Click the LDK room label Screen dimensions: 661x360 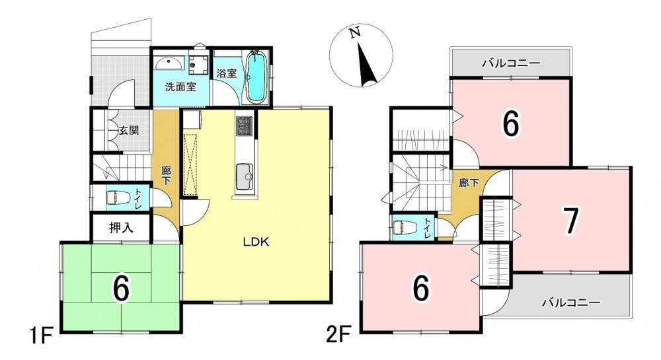(256, 242)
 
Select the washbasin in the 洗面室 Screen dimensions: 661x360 (169, 63)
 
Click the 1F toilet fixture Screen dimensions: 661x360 (112, 197)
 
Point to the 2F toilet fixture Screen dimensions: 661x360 (399, 227)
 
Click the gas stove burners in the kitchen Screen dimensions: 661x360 (245, 126)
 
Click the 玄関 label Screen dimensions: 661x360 (128, 131)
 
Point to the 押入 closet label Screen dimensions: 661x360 (122, 228)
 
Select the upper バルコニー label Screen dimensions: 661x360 (512, 63)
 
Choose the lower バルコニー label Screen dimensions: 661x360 (571, 303)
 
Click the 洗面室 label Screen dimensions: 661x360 (180, 87)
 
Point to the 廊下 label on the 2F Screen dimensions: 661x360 (469, 183)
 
